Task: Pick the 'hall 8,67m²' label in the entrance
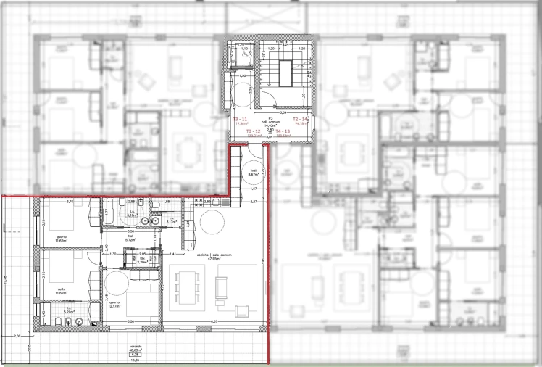[x=253, y=173]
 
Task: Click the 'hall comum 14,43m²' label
[x=268, y=125]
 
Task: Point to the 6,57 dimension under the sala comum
[x=214, y=321]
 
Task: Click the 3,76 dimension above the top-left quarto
[x=70, y=201]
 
